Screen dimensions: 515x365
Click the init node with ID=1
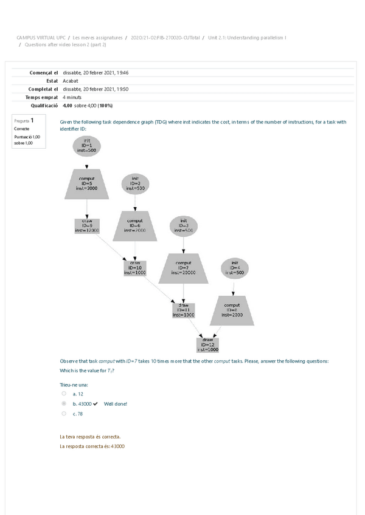coord(87,145)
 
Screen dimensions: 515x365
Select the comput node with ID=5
coord(87,183)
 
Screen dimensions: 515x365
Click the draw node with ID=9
coord(87,227)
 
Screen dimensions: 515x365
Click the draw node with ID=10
coord(135,268)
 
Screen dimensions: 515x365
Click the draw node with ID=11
coord(184,310)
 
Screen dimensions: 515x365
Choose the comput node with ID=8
coord(232,310)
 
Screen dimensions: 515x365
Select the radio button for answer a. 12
coord(64,394)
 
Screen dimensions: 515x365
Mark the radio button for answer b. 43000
coord(64,403)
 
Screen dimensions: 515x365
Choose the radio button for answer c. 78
coord(64,414)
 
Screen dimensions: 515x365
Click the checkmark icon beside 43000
coord(96,404)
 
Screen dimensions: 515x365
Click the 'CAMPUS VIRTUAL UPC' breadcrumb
coord(41,38)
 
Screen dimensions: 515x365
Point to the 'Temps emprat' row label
coord(41,97)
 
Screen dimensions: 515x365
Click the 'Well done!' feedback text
coord(116,404)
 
